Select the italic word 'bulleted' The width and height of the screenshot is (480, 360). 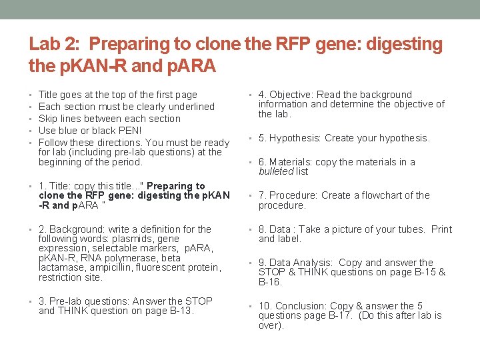point(275,171)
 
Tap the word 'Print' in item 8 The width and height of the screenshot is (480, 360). point(441,229)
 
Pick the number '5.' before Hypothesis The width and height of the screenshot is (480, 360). point(263,138)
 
